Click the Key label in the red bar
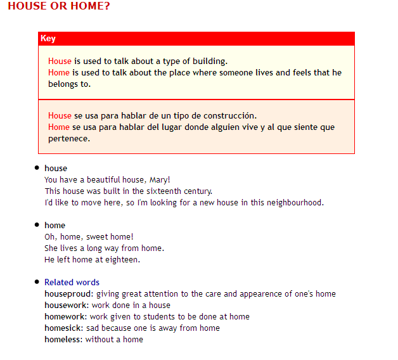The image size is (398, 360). click(48, 39)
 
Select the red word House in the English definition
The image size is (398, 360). click(60, 61)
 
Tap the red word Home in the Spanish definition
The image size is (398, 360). click(59, 127)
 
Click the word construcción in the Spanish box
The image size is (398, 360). click(232, 116)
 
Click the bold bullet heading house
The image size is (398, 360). click(56, 169)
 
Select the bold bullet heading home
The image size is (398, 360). click(55, 226)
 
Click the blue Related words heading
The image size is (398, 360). click(72, 283)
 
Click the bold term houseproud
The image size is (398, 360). click(68, 294)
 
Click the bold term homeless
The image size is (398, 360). click(63, 340)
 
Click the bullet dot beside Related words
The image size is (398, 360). click(37, 282)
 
